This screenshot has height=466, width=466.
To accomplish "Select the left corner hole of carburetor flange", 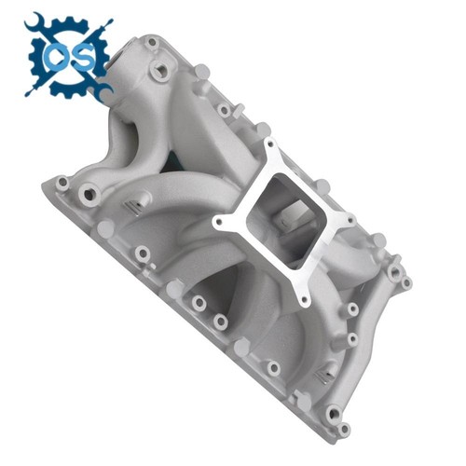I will point(220,224).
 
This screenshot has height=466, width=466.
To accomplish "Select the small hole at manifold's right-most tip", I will point(405,281).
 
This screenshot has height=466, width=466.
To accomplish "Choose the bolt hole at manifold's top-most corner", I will point(150,42).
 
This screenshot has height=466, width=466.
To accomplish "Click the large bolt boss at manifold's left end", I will point(89,195).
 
